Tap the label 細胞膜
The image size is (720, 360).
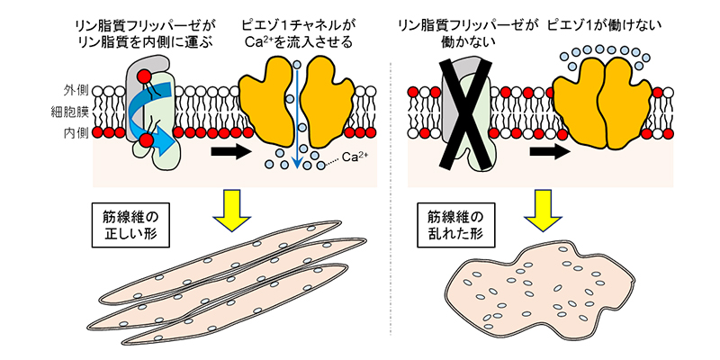pos(69,112)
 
